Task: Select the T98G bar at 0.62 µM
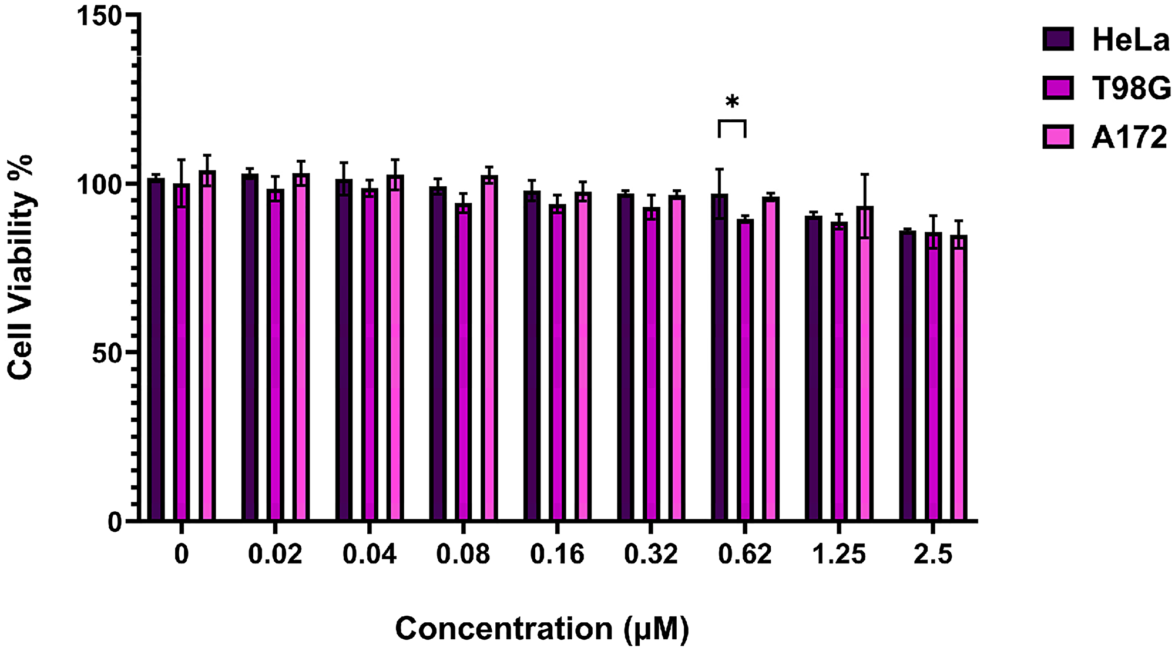point(746,370)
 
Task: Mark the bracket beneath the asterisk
point(732,121)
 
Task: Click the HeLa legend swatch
point(1058,39)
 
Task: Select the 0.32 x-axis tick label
point(651,554)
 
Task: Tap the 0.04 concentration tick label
point(370,554)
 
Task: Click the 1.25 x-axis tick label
point(839,554)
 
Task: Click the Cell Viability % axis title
point(21,267)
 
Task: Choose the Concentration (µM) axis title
point(542,629)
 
